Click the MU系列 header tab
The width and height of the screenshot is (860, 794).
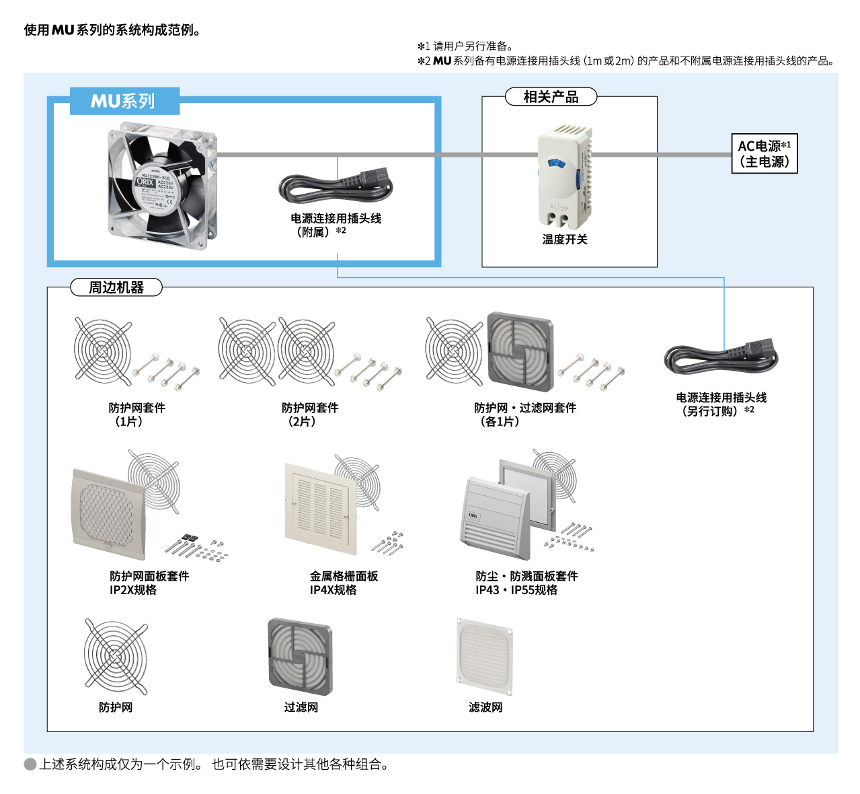tap(124, 101)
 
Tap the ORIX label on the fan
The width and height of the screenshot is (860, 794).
tap(145, 182)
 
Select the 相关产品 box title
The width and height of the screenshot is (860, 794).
tap(551, 97)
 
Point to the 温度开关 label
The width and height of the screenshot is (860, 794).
tap(565, 240)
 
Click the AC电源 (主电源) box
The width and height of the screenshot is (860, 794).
tap(764, 153)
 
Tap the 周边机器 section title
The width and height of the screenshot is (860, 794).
tap(116, 287)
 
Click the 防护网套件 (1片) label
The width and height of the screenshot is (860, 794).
tap(136, 414)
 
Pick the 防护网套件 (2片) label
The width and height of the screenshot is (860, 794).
tap(309, 414)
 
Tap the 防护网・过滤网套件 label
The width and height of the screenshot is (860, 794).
tap(524, 414)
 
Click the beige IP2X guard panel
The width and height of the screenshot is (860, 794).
tap(108, 515)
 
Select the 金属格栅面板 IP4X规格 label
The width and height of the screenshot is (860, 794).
tap(344, 583)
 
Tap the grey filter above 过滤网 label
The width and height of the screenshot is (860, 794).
tap(300, 656)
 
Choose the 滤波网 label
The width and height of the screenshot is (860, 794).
tap(485, 707)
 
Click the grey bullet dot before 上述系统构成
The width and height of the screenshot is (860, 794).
tap(30, 764)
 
